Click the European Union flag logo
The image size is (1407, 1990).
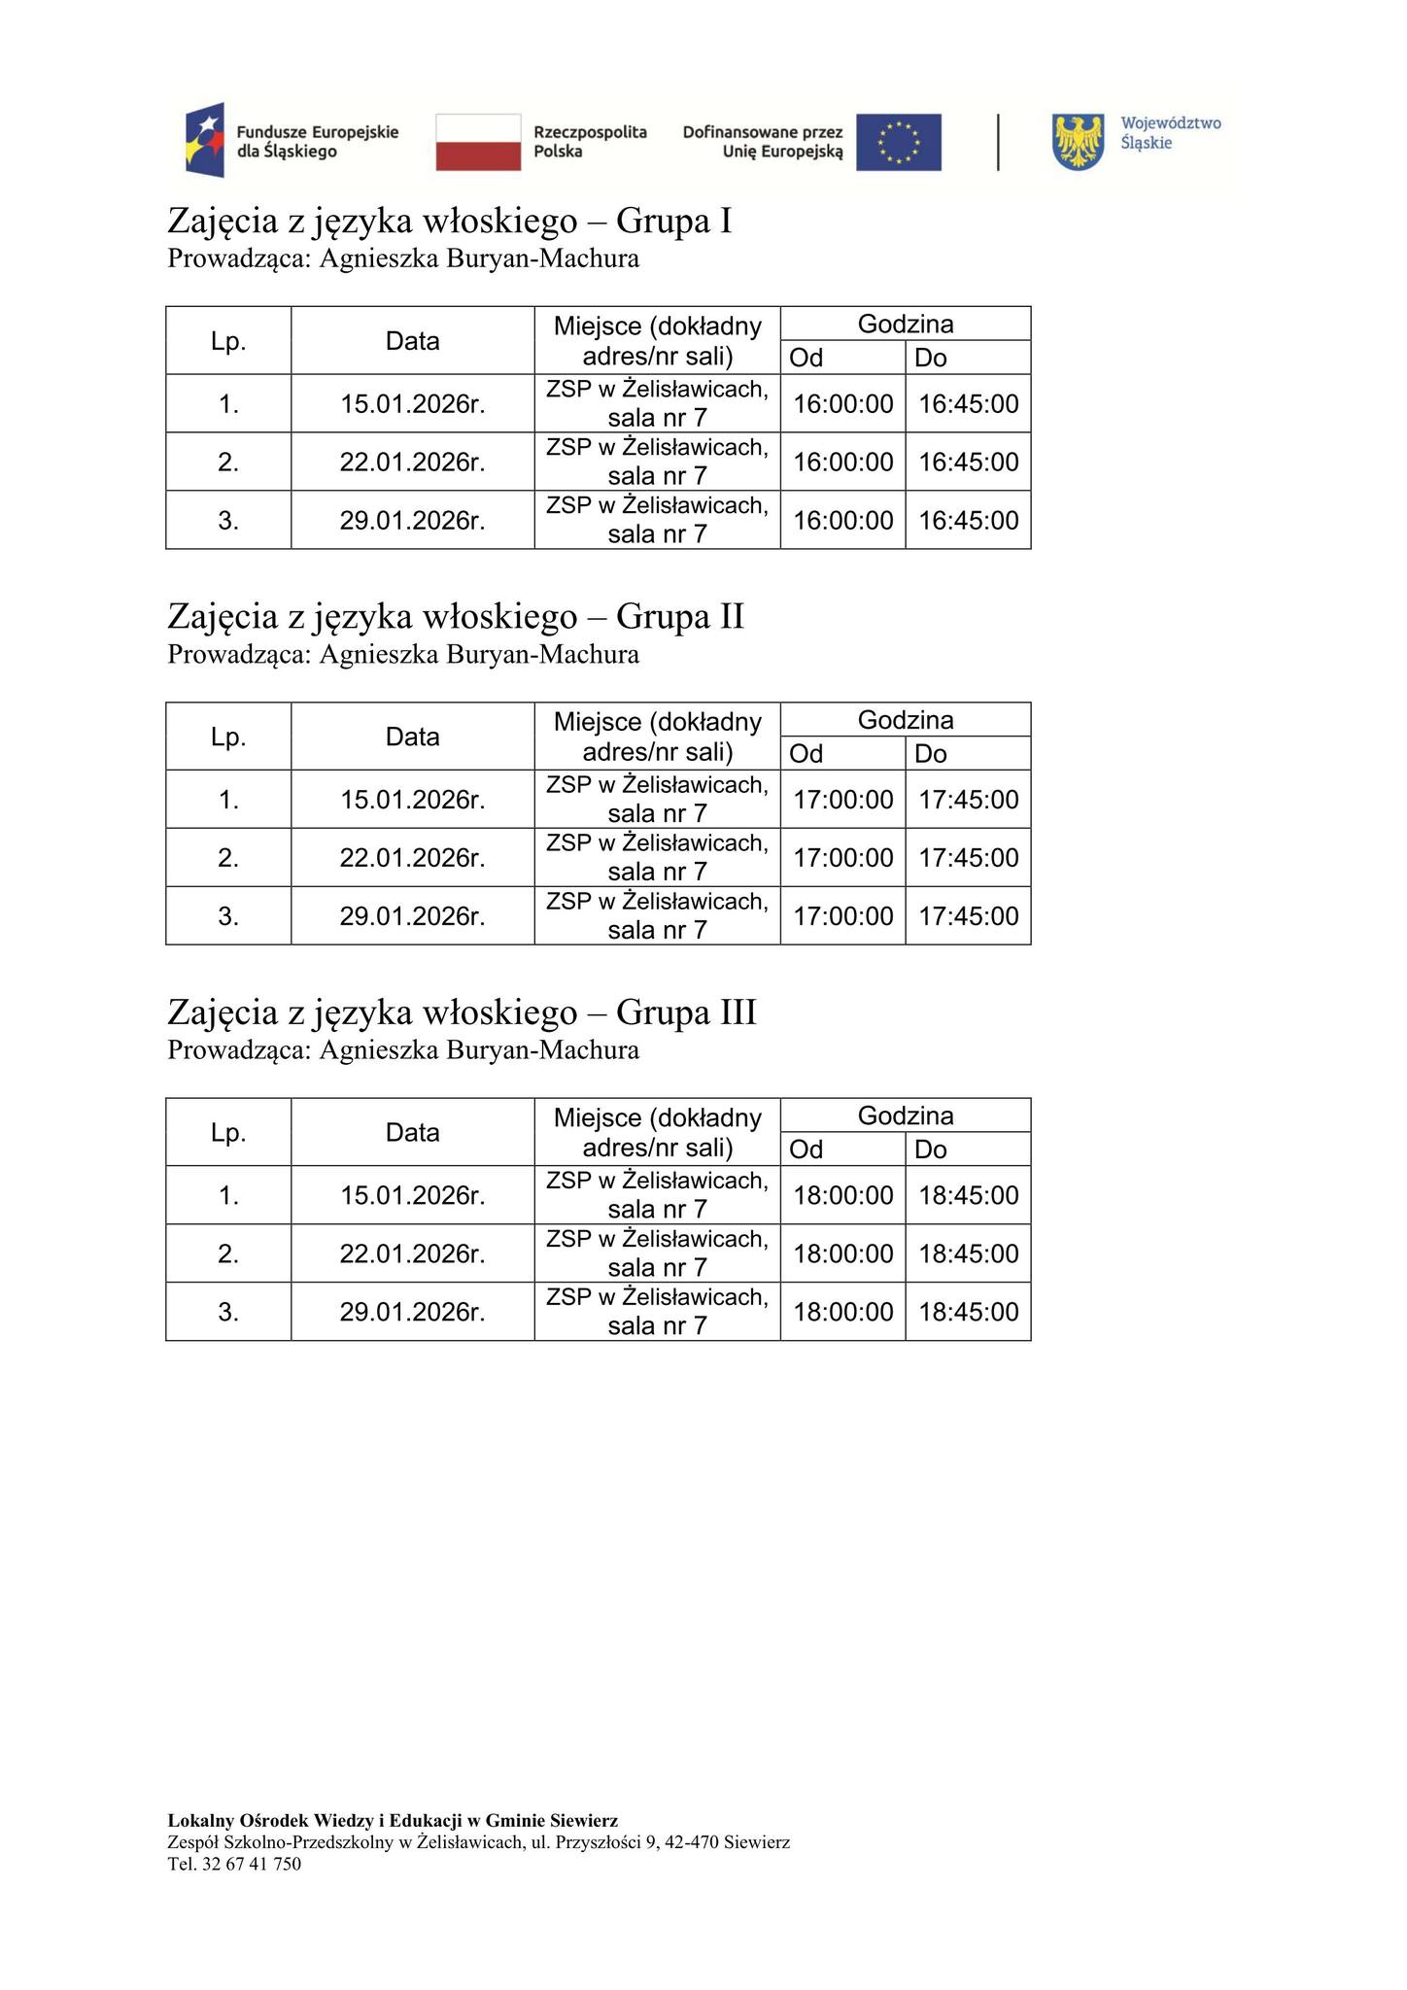(x=898, y=142)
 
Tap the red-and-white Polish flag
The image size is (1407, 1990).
(x=478, y=142)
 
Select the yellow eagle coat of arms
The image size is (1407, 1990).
(x=1079, y=142)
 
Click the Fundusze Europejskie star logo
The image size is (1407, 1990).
(x=205, y=140)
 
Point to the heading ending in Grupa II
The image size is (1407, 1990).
(x=456, y=616)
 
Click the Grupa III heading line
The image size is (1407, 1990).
(x=462, y=1012)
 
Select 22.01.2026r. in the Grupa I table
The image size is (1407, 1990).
(x=412, y=462)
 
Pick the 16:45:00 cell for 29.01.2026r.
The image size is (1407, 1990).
(x=968, y=520)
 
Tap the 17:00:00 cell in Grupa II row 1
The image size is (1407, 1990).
(x=842, y=800)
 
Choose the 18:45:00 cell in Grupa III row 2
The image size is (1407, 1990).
(x=968, y=1253)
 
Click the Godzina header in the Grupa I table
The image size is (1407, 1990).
(x=905, y=324)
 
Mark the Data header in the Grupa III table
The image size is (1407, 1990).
(x=412, y=1132)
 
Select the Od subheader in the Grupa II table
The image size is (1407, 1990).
(x=806, y=753)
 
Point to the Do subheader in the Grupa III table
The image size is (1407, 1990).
(x=931, y=1149)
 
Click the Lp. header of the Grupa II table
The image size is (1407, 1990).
(x=228, y=737)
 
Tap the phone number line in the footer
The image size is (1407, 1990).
(x=234, y=1864)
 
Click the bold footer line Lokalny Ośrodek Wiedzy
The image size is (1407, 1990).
(x=393, y=1820)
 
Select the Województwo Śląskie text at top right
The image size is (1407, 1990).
(x=1170, y=133)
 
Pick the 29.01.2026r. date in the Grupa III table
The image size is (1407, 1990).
(x=412, y=1312)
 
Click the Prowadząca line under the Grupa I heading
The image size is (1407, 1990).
(x=403, y=258)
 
